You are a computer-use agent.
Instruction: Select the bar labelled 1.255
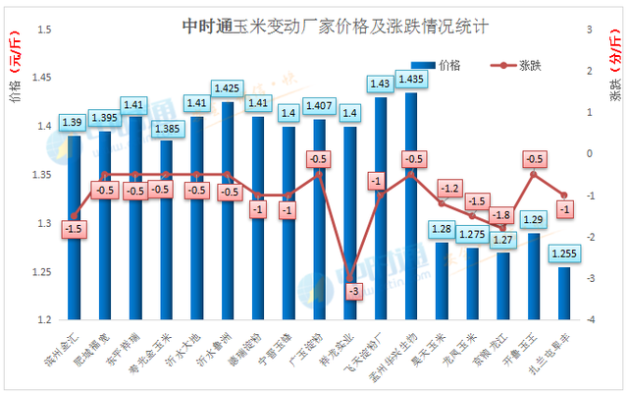tap(564, 294)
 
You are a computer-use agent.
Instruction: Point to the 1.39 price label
tap(73, 123)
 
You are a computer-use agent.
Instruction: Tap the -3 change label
tap(348, 291)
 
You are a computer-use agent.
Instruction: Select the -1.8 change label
tap(502, 215)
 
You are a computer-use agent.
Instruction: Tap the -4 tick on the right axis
tap(589, 320)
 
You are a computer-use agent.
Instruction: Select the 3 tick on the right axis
tap(589, 29)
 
